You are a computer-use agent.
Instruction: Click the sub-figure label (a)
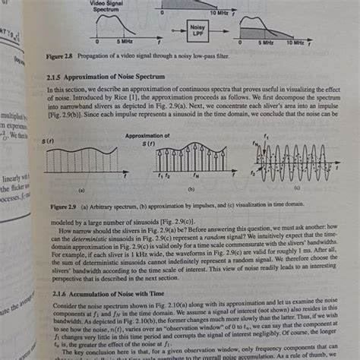click(x=82, y=192)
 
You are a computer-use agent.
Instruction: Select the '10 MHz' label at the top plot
click(x=219, y=13)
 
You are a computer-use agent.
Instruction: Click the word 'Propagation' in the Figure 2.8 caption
click(x=106, y=55)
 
